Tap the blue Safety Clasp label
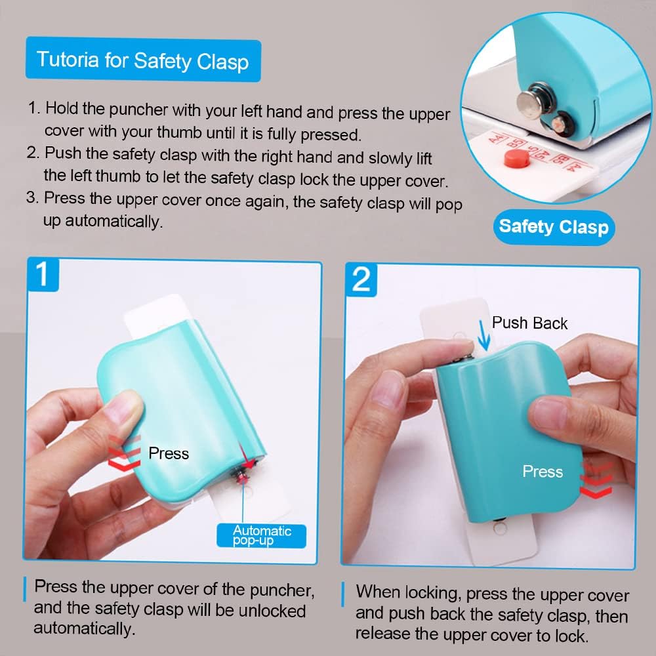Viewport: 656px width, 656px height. [553, 227]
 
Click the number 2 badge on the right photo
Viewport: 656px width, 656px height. [361, 279]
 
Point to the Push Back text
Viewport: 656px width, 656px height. [529, 323]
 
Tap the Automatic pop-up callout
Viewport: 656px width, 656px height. [262, 535]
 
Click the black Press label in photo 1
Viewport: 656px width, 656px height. [169, 453]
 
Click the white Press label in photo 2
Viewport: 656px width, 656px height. [543, 472]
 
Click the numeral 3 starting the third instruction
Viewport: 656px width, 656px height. [31, 198]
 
